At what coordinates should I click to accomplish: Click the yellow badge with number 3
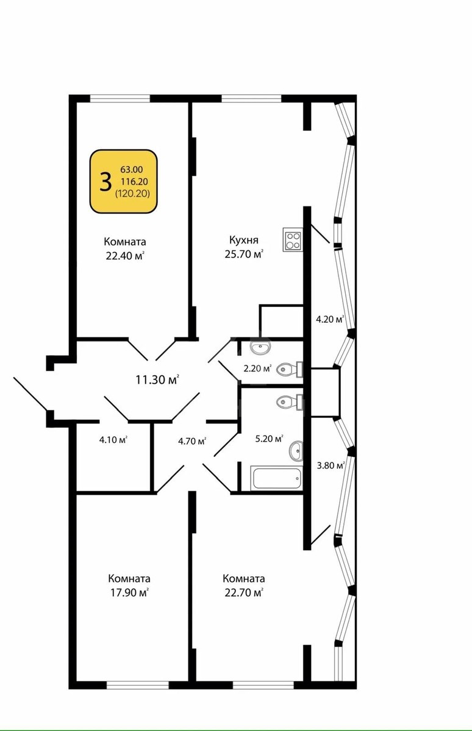[x=124, y=182]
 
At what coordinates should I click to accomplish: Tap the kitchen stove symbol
[x=293, y=239]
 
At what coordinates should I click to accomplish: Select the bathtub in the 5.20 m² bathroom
[x=276, y=478]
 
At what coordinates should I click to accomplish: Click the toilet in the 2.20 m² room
[x=290, y=369]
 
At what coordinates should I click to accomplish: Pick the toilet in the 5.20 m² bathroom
[x=290, y=401]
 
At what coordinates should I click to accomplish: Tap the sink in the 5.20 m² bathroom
[x=296, y=451]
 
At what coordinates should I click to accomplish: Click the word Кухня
[x=244, y=240]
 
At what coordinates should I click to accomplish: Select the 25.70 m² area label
[x=244, y=254]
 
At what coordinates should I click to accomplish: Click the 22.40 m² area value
[x=125, y=256]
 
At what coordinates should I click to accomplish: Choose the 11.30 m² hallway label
[x=157, y=380]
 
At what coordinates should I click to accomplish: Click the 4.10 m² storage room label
[x=113, y=440]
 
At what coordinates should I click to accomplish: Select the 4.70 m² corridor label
[x=191, y=441]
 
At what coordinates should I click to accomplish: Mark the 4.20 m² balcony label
[x=331, y=319]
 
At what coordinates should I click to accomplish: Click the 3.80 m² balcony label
[x=331, y=465]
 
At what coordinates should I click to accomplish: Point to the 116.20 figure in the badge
[x=134, y=182]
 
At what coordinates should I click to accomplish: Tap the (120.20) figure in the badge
[x=132, y=194]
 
